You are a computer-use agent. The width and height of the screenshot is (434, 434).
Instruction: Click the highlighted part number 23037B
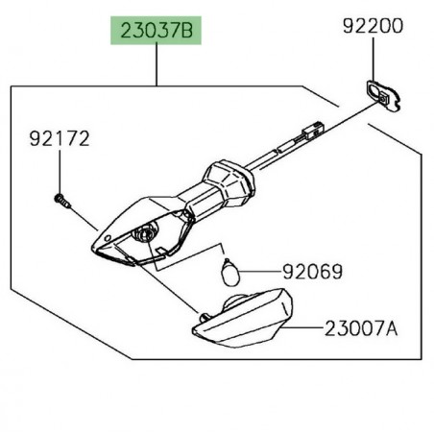pos(157,31)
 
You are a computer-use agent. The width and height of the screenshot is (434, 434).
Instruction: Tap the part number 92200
pos(373,26)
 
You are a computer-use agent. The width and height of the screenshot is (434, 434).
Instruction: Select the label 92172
pos(60,139)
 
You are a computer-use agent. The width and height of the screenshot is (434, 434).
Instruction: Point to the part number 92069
pos(313,272)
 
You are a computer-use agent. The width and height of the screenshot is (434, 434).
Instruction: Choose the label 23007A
pos(361,328)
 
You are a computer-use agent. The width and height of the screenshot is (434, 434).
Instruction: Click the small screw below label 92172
pos(62,201)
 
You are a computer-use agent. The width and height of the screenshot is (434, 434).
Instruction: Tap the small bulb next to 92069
pos(230,273)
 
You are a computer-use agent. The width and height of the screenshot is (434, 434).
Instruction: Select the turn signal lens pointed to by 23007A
pos(243,319)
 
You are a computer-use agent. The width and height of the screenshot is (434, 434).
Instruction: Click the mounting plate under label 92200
pos(383,95)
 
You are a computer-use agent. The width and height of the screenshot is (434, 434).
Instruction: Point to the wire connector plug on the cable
pos(312,131)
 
